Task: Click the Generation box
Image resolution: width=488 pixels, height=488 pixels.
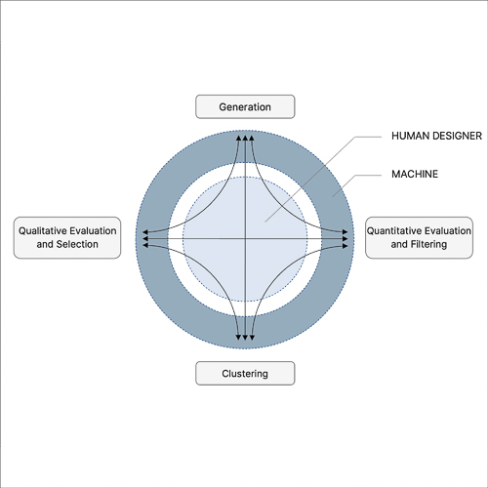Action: click(x=245, y=106)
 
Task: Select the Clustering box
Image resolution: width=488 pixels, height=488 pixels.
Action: click(x=245, y=373)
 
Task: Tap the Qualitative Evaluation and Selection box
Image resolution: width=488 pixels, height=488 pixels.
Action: click(x=67, y=237)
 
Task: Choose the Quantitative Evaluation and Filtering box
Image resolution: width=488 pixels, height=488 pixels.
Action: click(x=419, y=237)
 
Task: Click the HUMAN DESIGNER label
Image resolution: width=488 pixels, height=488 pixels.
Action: click(x=436, y=136)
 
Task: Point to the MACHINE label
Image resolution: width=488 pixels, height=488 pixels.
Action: click(x=415, y=174)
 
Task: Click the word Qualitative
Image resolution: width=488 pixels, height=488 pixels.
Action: click(x=43, y=230)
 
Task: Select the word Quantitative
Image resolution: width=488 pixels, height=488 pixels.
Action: click(x=392, y=230)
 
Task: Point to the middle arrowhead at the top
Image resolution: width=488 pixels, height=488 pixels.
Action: click(x=245, y=138)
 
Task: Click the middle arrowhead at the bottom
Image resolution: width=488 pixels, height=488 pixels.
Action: click(x=245, y=338)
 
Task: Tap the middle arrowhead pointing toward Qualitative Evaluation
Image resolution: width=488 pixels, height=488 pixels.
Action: click(x=145, y=239)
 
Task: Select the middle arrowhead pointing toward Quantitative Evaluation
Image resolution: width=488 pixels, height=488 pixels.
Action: click(x=346, y=239)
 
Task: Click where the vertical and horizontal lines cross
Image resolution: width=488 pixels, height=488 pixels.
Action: click(x=245, y=239)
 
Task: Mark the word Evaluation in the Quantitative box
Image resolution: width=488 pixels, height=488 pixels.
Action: click(x=446, y=230)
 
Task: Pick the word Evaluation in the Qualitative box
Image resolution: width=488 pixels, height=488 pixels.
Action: click(x=93, y=230)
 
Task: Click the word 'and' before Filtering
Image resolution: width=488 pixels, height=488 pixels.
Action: click(x=397, y=244)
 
